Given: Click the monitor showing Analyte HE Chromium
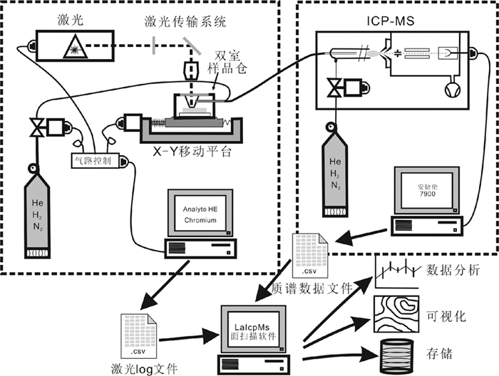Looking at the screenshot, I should point(200,214).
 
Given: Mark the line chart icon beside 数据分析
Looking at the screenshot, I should point(396,271).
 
